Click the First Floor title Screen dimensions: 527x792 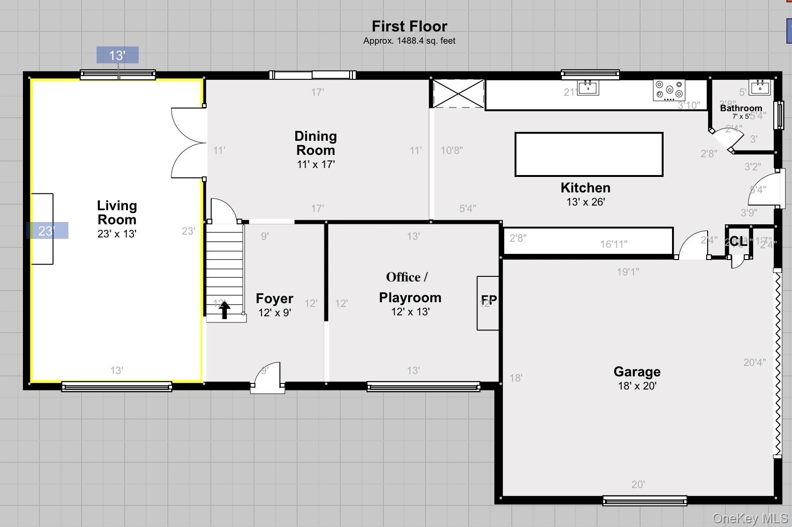click(409, 26)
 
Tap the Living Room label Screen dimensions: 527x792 click(117, 212)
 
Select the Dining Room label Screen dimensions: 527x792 click(315, 143)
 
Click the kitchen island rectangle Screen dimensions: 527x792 click(589, 154)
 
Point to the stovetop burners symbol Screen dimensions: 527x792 click(669, 90)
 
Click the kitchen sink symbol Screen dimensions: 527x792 click(588, 87)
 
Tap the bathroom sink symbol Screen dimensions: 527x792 click(759, 87)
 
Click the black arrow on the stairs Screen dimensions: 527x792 click(224, 310)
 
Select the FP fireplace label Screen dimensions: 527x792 click(489, 300)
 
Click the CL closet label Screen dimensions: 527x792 click(738, 242)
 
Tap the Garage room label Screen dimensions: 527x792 click(637, 372)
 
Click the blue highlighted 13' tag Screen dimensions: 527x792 click(117, 55)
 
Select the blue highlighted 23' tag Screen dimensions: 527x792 click(47, 230)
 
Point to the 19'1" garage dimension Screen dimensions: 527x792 click(628, 272)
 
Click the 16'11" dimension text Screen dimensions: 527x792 click(613, 244)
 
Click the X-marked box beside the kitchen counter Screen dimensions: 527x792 click(458, 93)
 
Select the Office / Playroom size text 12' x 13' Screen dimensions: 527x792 click(410, 312)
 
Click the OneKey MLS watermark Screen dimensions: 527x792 click(749, 518)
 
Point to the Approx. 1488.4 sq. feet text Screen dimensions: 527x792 click(409, 41)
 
